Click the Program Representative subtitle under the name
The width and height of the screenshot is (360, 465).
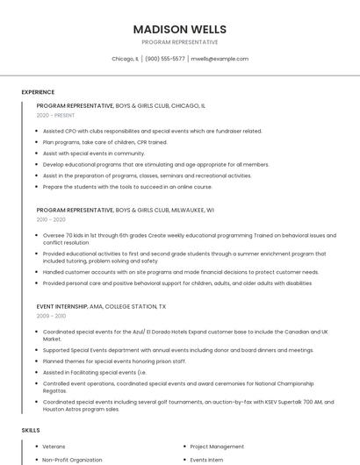click(x=179, y=42)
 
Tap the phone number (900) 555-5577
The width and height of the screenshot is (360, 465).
click(x=165, y=59)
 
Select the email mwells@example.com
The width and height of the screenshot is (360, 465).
click(x=220, y=59)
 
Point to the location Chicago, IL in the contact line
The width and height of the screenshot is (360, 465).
click(x=125, y=59)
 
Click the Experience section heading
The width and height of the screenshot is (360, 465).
click(x=38, y=92)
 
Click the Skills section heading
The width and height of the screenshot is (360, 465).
click(x=31, y=431)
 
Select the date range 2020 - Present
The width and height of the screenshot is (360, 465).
click(x=55, y=115)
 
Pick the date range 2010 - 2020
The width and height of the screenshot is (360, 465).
click(x=51, y=221)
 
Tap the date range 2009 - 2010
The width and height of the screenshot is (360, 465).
click(x=51, y=316)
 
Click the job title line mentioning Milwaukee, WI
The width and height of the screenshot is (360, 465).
click(x=126, y=211)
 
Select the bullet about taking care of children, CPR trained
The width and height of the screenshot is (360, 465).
click(x=104, y=141)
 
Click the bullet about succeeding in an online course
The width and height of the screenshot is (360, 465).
click(x=127, y=186)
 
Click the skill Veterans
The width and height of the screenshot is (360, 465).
click(x=54, y=446)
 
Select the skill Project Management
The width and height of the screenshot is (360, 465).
click(x=217, y=446)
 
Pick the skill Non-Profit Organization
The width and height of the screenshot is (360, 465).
click(x=72, y=460)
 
